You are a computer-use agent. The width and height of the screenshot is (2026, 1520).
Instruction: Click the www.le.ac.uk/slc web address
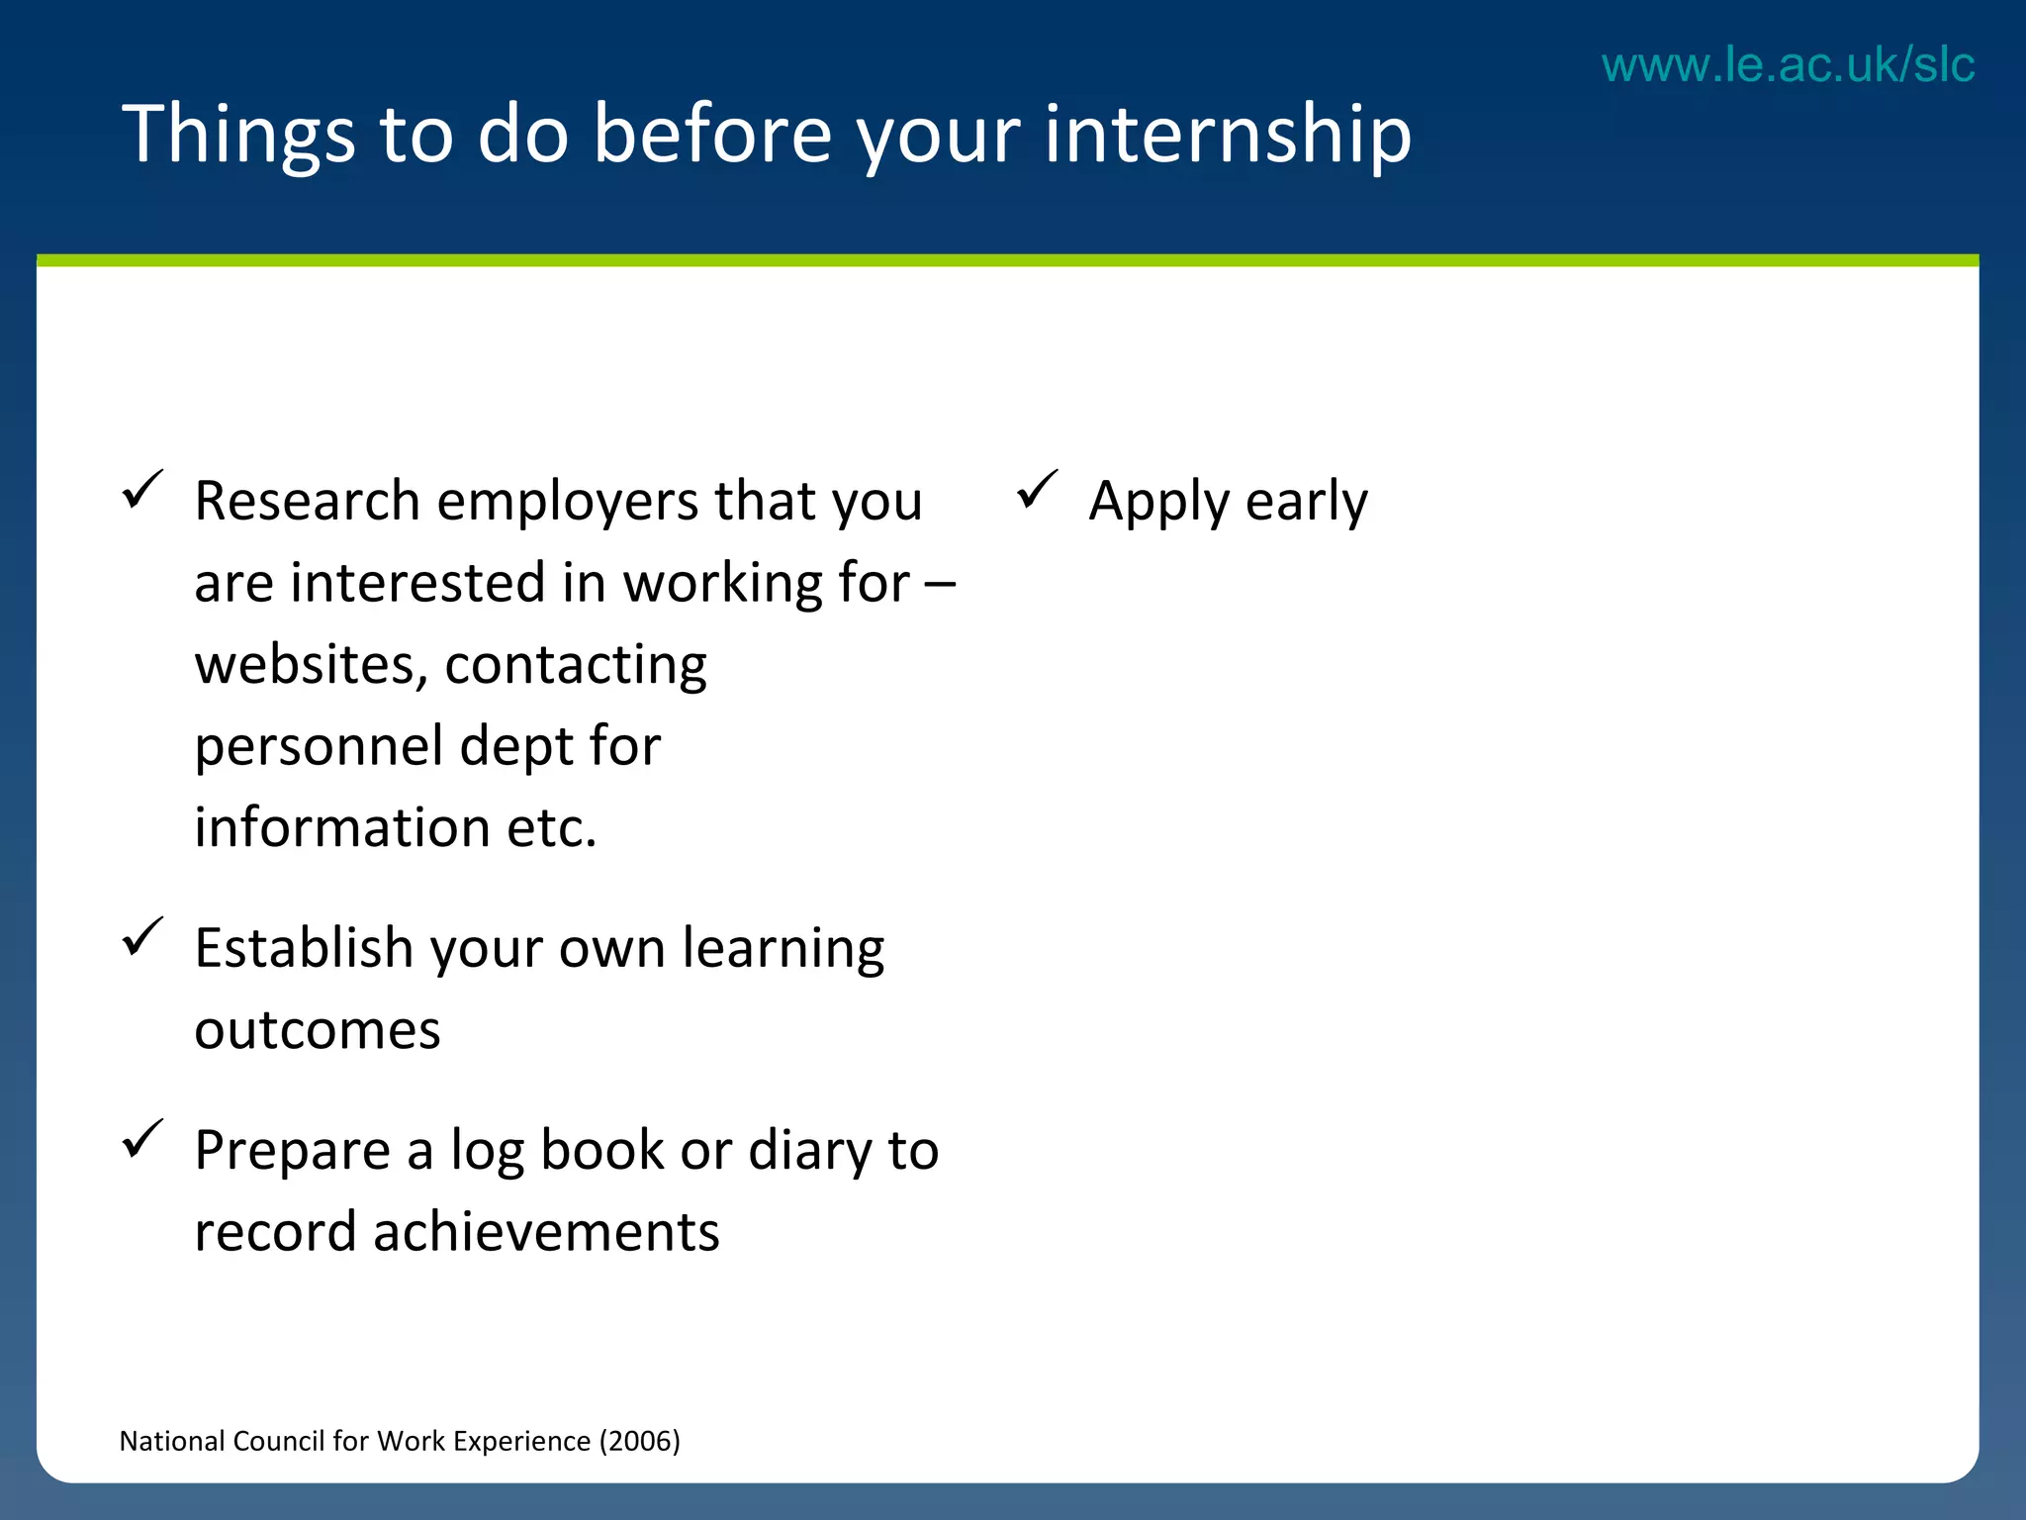[1788, 65]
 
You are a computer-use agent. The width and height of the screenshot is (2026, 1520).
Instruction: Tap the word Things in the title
[238, 136]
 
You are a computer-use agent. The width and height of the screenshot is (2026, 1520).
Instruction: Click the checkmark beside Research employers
[141, 491]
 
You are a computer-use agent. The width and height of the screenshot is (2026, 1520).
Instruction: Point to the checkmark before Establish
[141, 938]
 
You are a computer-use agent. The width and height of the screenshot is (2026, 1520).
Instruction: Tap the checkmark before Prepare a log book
[141, 1140]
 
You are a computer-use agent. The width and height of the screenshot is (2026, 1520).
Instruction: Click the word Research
[307, 501]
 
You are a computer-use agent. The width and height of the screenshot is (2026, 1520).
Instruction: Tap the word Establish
[303, 948]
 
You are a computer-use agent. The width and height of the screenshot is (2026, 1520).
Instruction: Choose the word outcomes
[317, 1031]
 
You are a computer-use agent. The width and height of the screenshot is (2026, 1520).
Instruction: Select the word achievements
[546, 1233]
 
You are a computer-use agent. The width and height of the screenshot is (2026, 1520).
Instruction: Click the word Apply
[1158, 503]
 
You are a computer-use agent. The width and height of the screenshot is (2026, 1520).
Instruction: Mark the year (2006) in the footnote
[640, 1441]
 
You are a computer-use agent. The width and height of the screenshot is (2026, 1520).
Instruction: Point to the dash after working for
[940, 584]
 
